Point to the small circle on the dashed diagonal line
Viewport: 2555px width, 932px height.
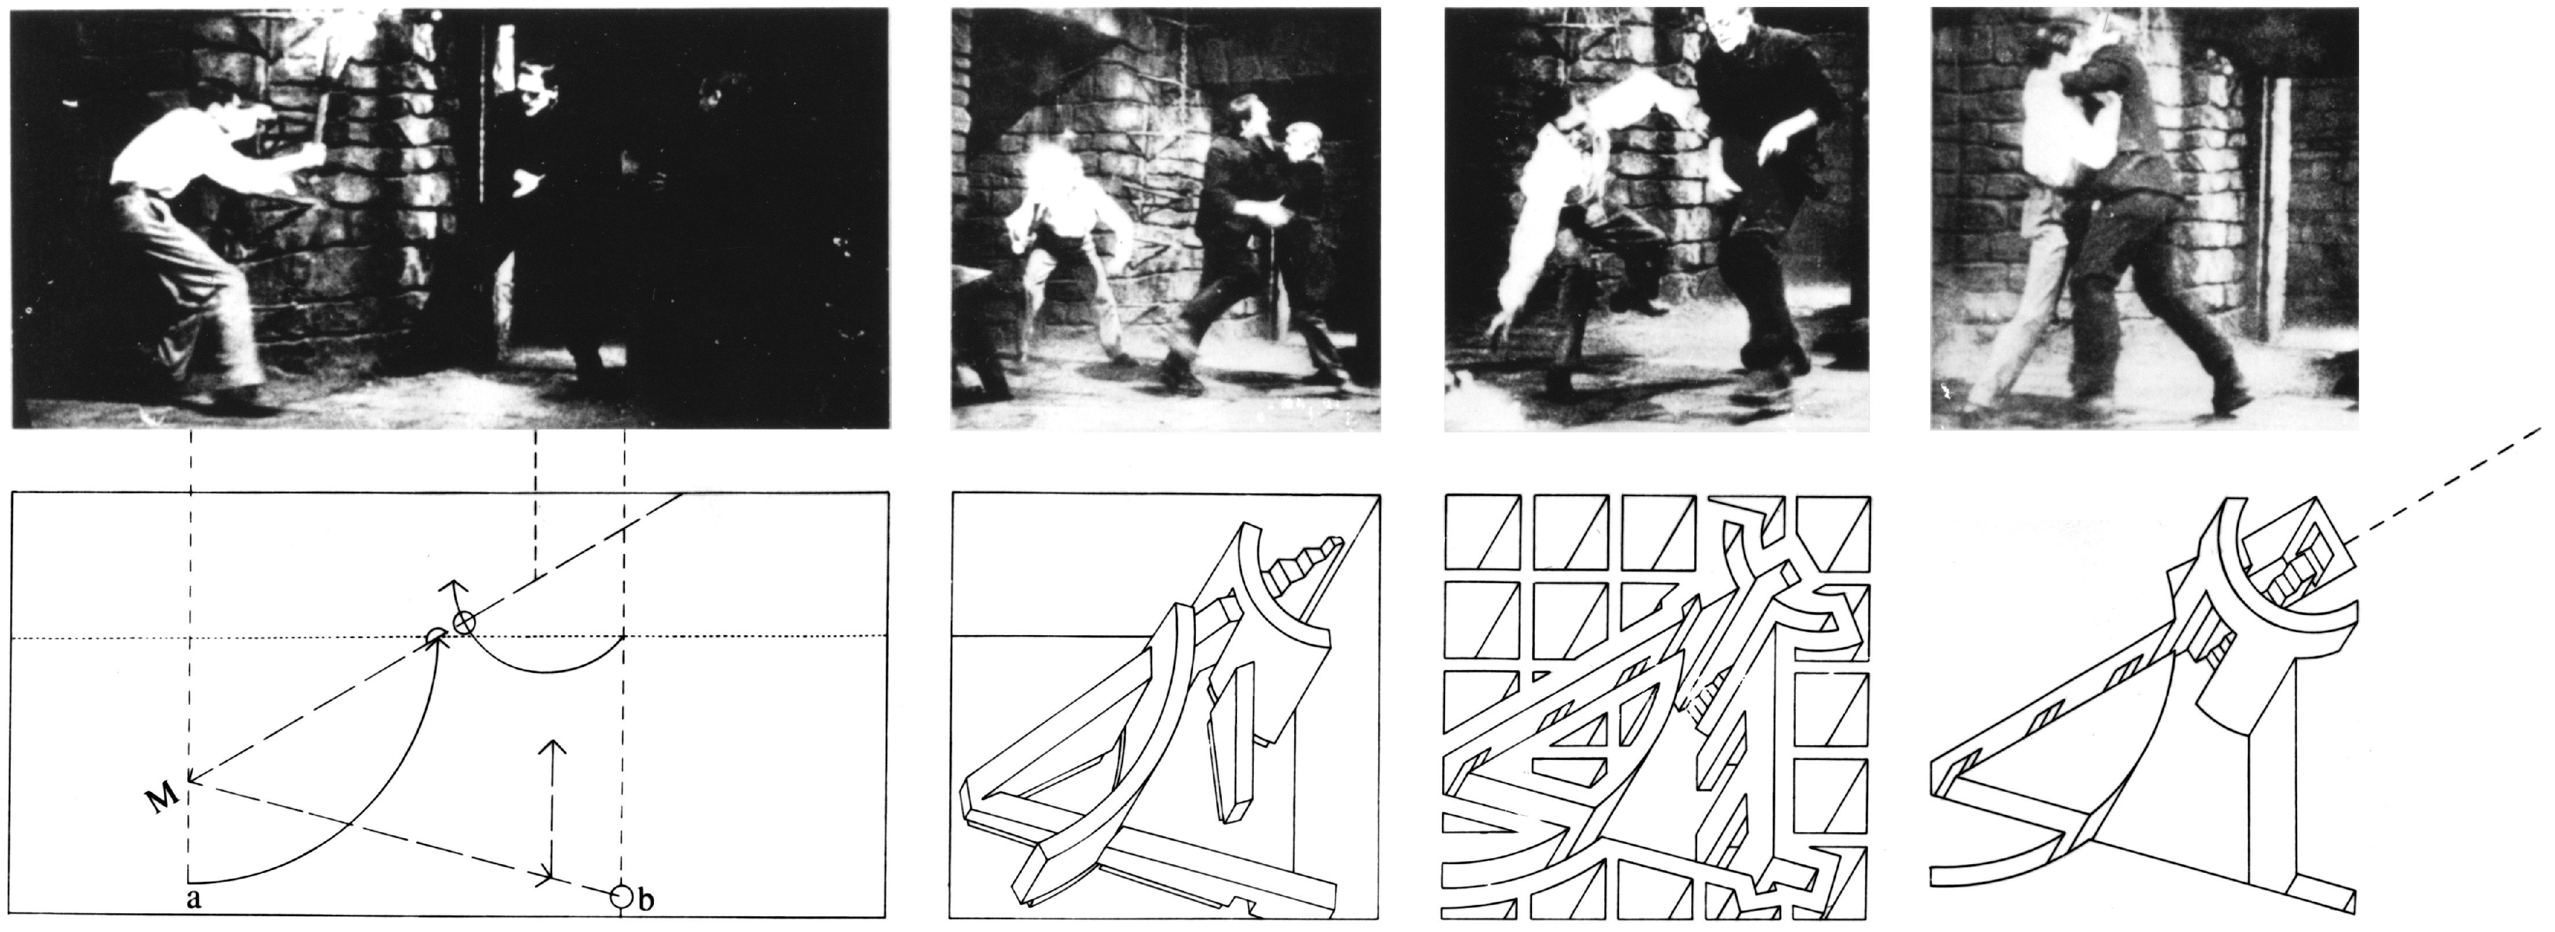(x=464, y=622)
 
